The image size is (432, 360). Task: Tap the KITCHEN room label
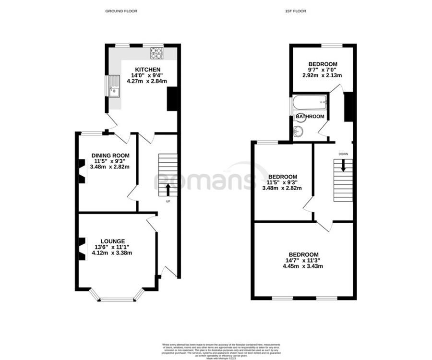coord(147,70)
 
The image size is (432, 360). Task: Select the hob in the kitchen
coord(157,53)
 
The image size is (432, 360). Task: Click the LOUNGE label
coord(113,241)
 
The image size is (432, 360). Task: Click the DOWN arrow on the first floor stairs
coord(343,165)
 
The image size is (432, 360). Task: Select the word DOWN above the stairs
coord(343,154)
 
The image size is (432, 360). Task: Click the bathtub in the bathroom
coord(310,103)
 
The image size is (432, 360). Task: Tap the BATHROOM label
coord(310,117)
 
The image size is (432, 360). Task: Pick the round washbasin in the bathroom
coord(299,131)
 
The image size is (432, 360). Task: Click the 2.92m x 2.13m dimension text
coord(322,75)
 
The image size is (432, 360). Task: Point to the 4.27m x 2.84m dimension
coord(147,81)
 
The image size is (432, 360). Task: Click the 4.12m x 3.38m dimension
coord(113,253)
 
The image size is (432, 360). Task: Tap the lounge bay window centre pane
coord(116,300)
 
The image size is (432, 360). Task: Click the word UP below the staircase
coord(168,201)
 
